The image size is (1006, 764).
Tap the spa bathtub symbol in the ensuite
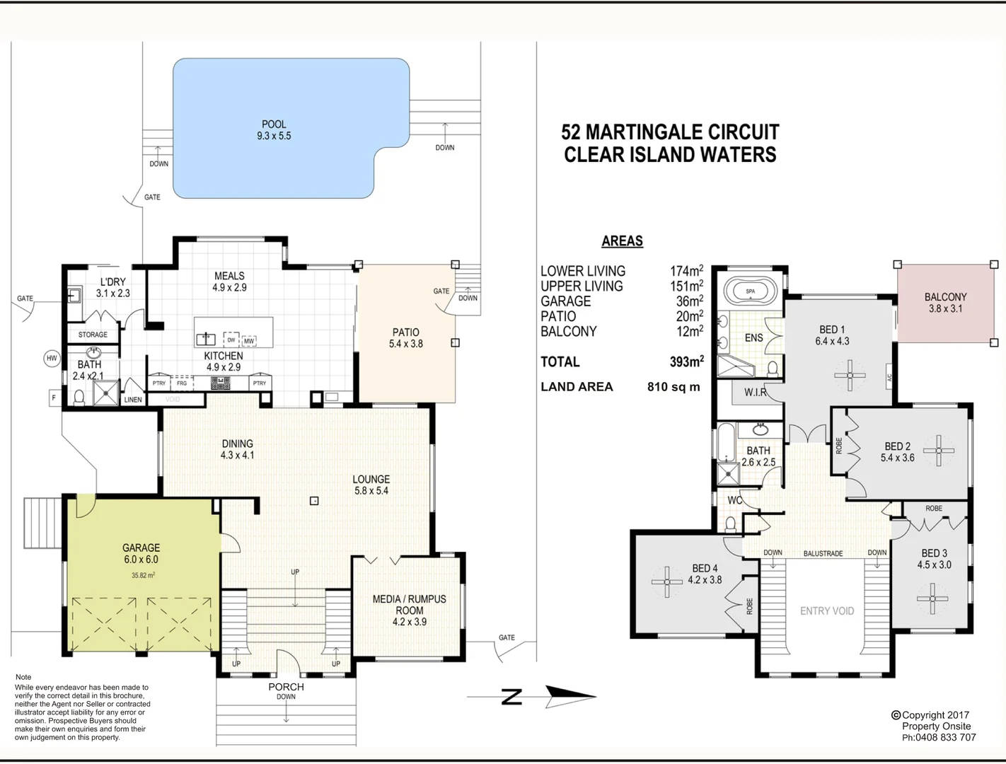(x=750, y=291)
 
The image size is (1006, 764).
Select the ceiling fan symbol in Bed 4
(x=666, y=581)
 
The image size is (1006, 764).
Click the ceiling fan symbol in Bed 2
(x=939, y=450)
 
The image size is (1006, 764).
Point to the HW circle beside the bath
(x=52, y=359)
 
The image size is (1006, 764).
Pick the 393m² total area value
(x=686, y=361)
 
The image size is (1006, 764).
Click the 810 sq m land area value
(x=673, y=387)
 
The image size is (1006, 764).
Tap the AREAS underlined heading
(x=622, y=241)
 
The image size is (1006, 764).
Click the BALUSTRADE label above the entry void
(x=823, y=553)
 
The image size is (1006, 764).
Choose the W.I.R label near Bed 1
(x=755, y=392)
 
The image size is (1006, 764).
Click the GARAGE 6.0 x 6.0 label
(x=141, y=553)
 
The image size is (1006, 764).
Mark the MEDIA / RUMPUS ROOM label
(x=409, y=610)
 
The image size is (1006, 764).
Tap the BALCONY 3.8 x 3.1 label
(x=945, y=303)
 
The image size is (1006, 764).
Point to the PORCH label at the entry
(x=286, y=687)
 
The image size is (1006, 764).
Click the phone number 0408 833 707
(x=946, y=737)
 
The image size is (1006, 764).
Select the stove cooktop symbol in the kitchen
(x=220, y=383)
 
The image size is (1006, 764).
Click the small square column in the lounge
(x=314, y=501)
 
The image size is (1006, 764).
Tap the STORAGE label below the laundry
(x=93, y=335)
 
